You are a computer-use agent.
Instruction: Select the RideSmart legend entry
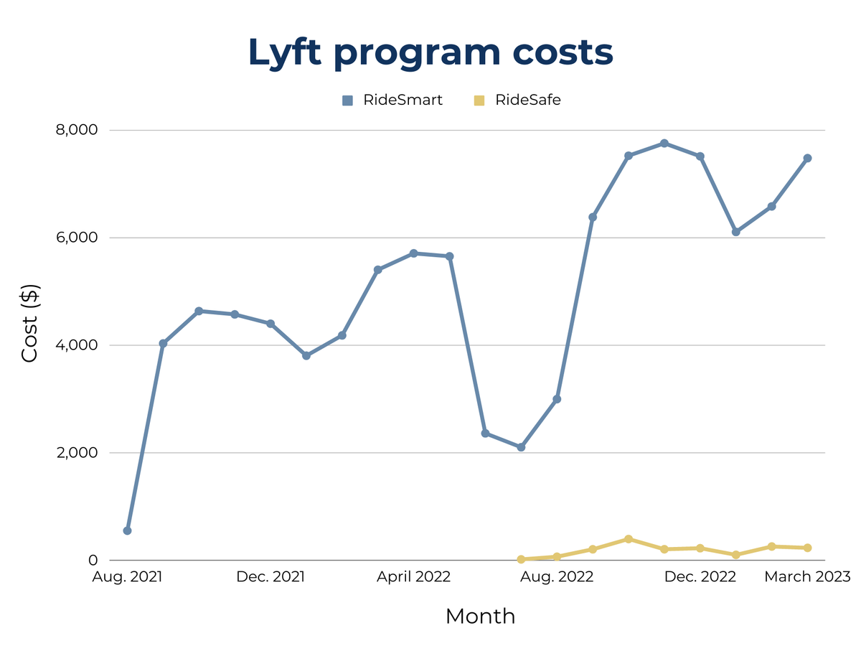403,100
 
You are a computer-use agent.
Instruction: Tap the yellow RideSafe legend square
480,100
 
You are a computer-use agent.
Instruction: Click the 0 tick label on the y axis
93,560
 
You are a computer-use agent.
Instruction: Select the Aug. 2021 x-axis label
127,577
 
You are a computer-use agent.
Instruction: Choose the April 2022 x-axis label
413,577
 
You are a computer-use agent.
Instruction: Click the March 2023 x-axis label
807,577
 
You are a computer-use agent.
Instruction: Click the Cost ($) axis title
29,324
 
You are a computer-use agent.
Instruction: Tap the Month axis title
480,616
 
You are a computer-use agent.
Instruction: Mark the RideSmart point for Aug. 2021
127,530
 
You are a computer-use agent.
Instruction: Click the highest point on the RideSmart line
664,144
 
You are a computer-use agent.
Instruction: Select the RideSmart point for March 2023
807,158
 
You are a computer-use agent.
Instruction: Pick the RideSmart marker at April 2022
413,253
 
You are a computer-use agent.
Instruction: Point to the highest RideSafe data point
629,539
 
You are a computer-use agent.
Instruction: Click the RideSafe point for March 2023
807,548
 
